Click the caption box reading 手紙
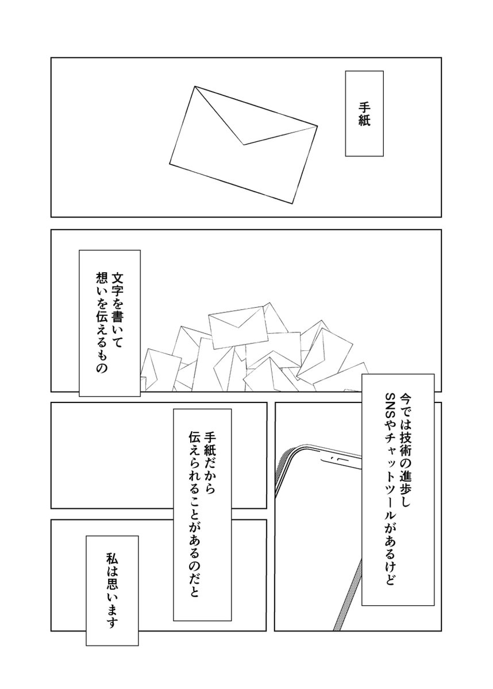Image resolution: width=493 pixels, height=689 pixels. pyautogui.click(x=364, y=114)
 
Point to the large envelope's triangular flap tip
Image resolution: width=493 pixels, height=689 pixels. pyautogui.click(x=244, y=145)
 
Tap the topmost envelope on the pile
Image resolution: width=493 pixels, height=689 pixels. pyautogui.click(x=236, y=325)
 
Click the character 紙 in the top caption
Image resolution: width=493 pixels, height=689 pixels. pyautogui.click(x=364, y=124)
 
